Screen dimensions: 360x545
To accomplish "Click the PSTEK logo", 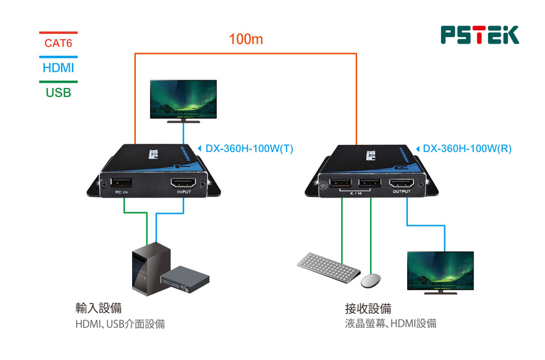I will [480, 35].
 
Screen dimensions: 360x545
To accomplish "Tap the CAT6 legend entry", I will [58, 44].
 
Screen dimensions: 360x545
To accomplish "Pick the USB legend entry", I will [58, 92].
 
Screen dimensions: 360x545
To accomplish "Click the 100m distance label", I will [246, 40].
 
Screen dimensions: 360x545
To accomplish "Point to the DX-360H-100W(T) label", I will [249, 149].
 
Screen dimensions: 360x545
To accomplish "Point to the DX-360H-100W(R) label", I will [467, 149].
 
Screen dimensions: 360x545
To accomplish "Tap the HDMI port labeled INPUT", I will [184, 184].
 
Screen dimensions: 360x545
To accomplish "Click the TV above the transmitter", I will [183, 99].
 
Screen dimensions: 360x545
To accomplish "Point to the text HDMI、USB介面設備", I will [120, 324].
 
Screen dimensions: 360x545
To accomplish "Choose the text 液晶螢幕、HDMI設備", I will [390, 324].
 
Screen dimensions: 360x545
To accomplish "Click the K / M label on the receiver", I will [356, 192].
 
